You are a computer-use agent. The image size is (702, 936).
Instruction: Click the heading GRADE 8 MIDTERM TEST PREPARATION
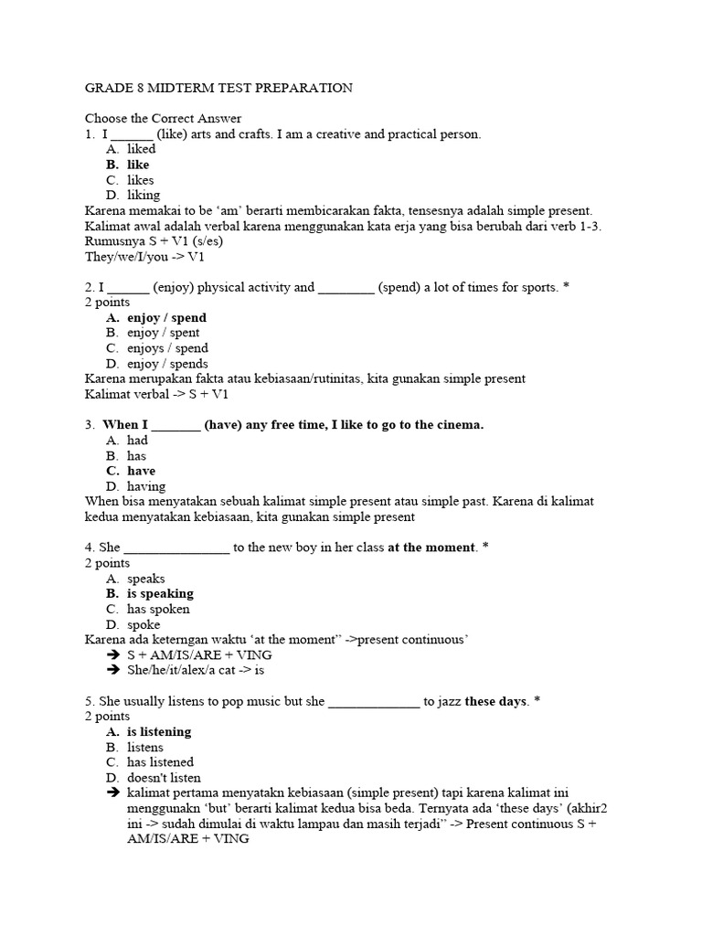pyautogui.click(x=218, y=88)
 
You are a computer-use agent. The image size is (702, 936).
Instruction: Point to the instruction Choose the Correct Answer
pyautogui.click(x=163, y=118)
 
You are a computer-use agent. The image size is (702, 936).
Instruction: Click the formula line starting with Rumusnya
pyautogui.click(x=154, y=241)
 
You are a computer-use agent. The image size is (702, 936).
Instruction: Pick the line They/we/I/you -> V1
pyautogui.click(x=144, y=257)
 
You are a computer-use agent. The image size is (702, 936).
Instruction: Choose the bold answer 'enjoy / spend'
pyautogui.click(x=166, y=318)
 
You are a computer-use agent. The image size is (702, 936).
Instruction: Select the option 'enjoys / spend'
pyautogui.click(x=167, y=348)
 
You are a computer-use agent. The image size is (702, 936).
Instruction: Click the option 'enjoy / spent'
pyautogui.click(x=163, y=333)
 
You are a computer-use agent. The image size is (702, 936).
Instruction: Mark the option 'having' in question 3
pyautogui.click(x=146, y=486)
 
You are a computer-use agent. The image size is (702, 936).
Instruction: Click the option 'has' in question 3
pyautogui.click(x=136, y=456)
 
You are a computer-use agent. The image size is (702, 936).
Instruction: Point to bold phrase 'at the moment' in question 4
pyautogui.click(x=431, y=548)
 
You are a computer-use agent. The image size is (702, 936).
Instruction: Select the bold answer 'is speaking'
pyautogui.click(x=160, y=593)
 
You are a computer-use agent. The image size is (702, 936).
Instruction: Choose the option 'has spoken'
pyautogui.click(x=158, y=609)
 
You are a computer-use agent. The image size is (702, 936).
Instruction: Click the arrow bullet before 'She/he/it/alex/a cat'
pyautogui.click(x=112, y=670)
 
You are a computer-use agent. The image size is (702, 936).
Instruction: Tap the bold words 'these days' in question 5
pyautogui.click(x=496, y=701)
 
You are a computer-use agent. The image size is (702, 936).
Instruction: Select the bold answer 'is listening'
pyautogui.click(x=159, y=732)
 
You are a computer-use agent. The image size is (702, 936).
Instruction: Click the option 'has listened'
pyautogui.click(x=160, y=762)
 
